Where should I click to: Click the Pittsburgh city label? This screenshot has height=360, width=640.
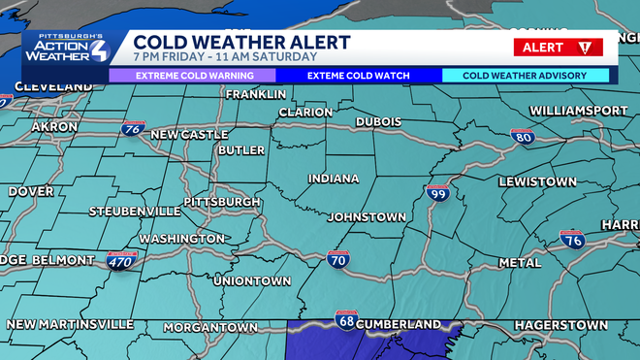(221, 202)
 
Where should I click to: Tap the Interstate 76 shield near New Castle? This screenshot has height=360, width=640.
(134, 128)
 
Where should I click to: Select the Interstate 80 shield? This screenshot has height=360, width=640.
(521, 138)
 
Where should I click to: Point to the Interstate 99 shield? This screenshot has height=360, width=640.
(437, 194)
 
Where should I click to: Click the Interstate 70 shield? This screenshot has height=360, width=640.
(337, 259)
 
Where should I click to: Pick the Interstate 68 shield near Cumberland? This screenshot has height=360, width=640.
(345, 319)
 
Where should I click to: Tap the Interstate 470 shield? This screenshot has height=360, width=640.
(122, 260)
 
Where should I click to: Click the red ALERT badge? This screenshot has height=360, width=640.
(558, 48)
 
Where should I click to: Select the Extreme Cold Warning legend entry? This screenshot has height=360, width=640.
(188, 75)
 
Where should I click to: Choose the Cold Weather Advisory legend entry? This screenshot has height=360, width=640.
(526, 75)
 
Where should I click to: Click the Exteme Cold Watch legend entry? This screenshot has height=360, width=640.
(358, 75)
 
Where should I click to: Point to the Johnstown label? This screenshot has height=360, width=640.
(366, 216)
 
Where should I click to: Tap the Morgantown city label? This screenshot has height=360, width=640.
(209, 327)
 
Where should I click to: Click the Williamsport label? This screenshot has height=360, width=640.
(579, 112)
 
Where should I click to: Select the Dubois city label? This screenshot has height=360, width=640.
(379, 121)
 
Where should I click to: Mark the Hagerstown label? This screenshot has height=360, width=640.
(561, 324)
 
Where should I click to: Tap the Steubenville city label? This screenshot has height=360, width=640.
(135, 211)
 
